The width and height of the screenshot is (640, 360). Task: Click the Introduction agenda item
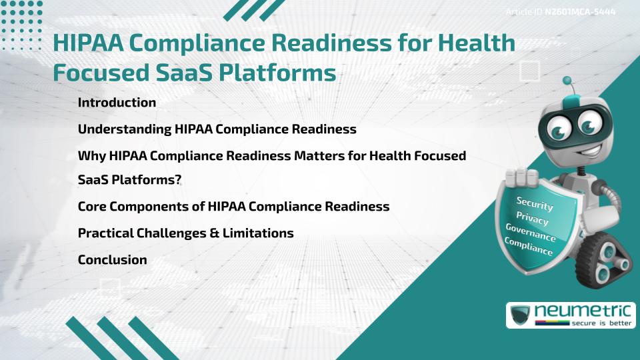click(x=117, y=103)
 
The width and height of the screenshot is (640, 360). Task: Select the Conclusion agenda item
click(x=112, y=260)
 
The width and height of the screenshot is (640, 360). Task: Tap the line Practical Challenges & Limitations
click(x=185, y=233)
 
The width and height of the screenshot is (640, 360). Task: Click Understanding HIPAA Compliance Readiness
click(x=217, y=129)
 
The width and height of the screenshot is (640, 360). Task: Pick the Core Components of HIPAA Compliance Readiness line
click(x=233, y=207)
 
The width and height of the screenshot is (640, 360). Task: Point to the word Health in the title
click(x=477, y=43)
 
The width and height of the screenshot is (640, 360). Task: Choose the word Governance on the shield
click(x=531, y=233)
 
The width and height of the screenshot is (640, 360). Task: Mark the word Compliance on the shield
click(x=529, y=247)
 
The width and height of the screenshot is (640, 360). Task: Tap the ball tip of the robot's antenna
click(x=568, y=81)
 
